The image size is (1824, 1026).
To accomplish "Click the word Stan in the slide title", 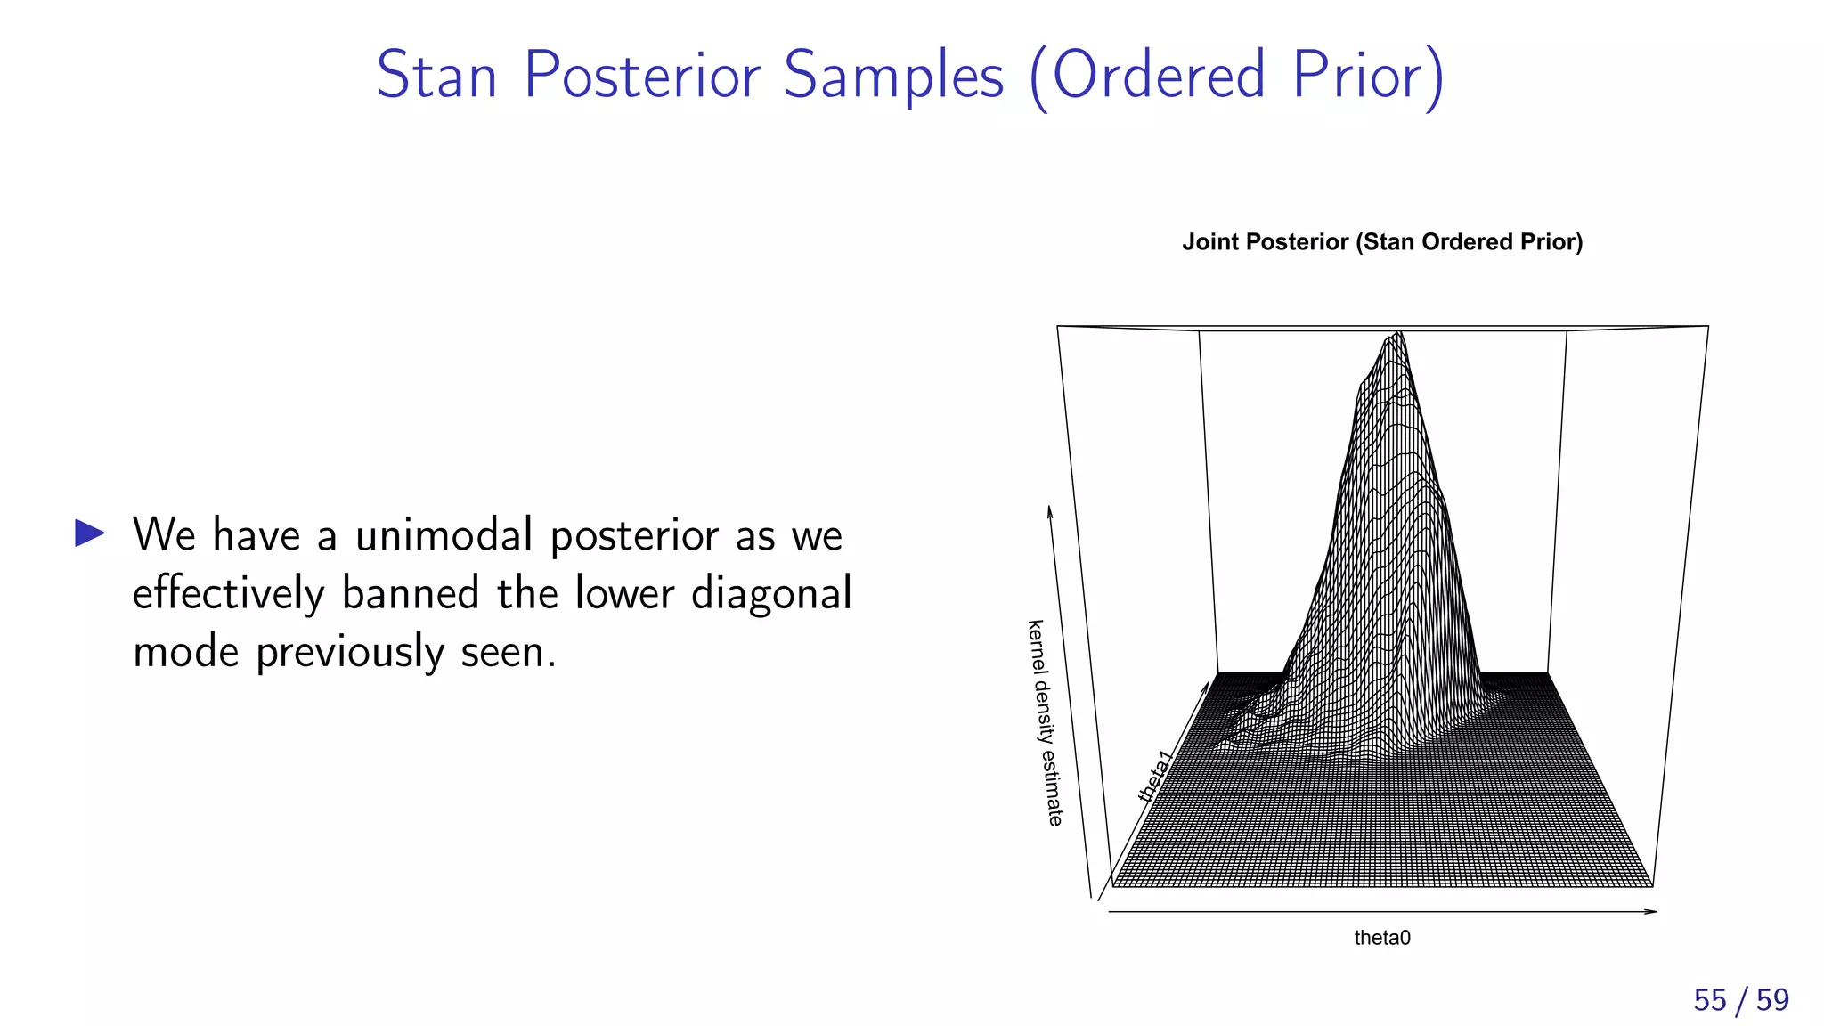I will pos(436,75).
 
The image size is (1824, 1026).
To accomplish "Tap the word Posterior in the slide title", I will pos(641,75).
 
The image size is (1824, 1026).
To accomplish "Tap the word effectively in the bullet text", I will pos(228,594).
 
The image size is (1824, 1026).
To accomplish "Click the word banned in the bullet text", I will pos(411,594).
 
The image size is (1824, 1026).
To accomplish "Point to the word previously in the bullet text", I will pos(349,653).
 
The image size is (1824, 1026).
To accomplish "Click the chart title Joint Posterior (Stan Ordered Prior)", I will pos(1382,242).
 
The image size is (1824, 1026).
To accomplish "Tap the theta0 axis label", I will pos(1382,938).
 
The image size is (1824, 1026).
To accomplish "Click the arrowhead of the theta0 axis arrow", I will pos(1651,911).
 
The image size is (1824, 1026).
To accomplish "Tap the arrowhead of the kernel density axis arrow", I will pos(1050,511).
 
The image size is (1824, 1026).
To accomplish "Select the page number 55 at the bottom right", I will pos(1710,1000).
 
